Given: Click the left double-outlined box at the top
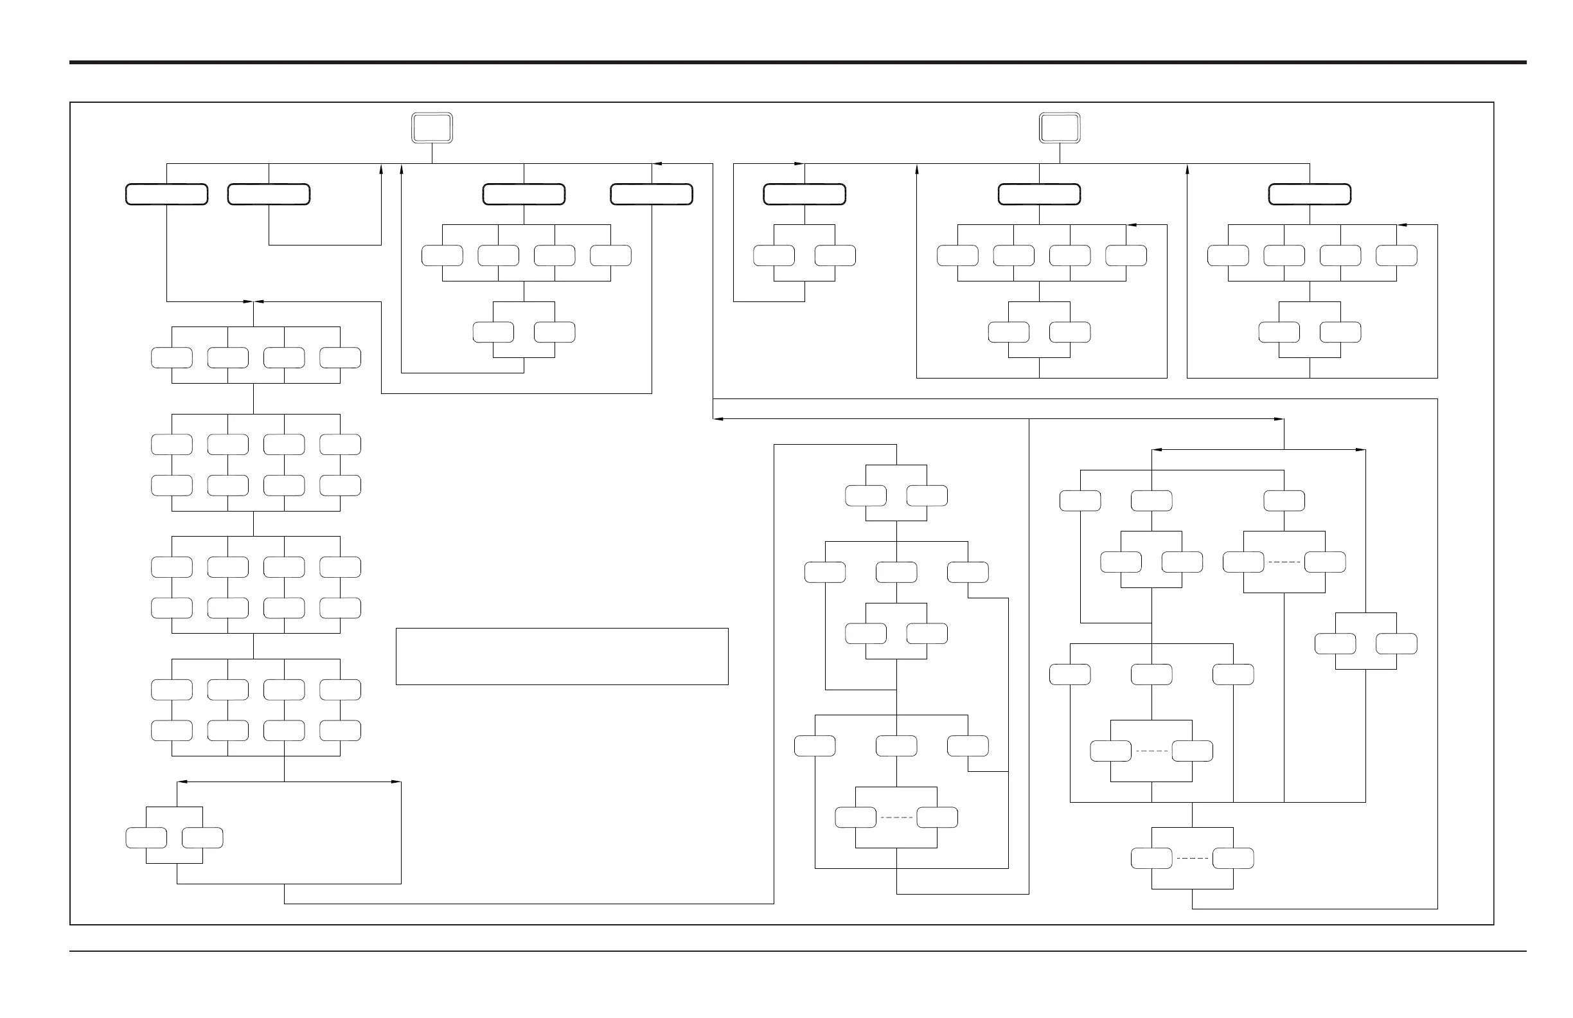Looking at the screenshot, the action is pos(432,128).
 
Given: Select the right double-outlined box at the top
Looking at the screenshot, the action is pos(1060,128).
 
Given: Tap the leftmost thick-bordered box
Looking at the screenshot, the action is pos(166,194).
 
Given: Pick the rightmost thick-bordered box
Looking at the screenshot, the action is pos(1310,194).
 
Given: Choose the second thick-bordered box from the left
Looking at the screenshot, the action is pos(269,194).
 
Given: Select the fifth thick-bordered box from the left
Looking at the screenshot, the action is pos(804,194).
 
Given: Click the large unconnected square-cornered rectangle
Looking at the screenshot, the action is pos(562,656).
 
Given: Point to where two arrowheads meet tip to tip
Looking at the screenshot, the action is pos(253,301).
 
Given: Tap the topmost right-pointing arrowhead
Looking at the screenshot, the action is pos(799,163).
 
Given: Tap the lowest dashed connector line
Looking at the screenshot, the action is pos(1193,858).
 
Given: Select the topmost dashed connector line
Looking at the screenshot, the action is pos(1284,562).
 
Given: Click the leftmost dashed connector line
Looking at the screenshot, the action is pos(896,817).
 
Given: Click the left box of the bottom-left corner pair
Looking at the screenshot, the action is pos(146,838).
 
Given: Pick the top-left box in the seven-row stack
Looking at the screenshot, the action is pos(172,357).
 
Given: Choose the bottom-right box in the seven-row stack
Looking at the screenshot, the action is pos(341,731).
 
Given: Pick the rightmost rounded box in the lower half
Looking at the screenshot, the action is pos(1396,644).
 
